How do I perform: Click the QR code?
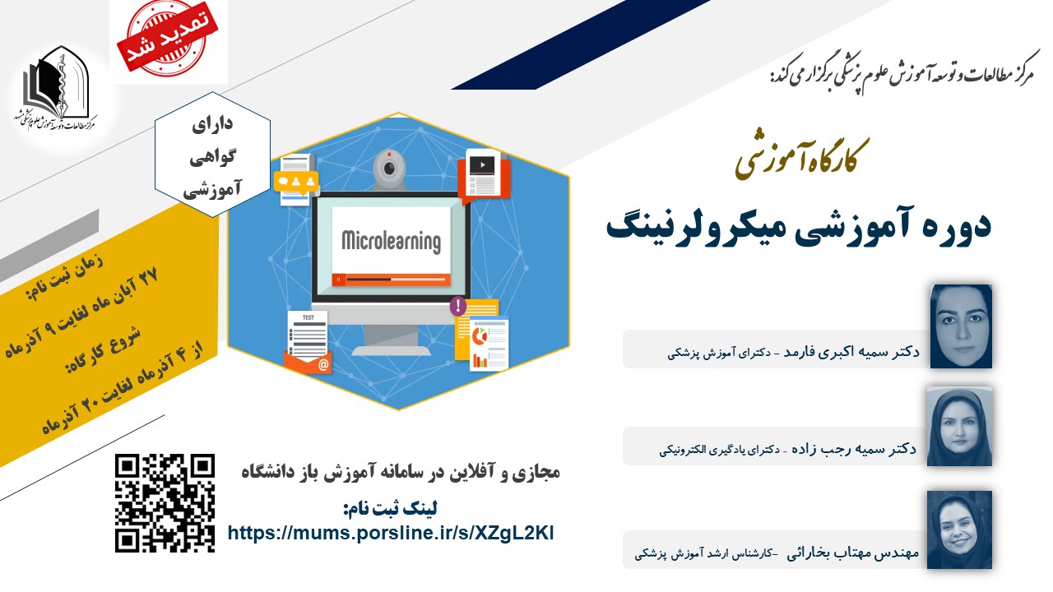[165, 502]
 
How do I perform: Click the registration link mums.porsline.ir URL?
[391, 534]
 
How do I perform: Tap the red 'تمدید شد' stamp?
[167, 39]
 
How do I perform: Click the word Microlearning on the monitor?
[391, 242]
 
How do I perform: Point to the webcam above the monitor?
[389, 169]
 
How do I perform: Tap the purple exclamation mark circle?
[458, 307]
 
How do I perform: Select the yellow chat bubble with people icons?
[296, 183]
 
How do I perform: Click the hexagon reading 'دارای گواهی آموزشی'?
[212, 155]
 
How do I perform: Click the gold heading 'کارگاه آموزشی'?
[801, 158]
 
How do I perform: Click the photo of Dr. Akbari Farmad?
[961, 326]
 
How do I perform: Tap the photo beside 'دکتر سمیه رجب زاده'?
[959, 426]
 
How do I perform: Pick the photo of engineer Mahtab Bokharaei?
[959, 530]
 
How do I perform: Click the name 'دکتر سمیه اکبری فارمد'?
[851, 352]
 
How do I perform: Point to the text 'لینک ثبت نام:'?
[390, 508]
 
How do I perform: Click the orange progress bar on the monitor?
[391, 280]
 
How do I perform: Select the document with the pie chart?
[489, 344]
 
